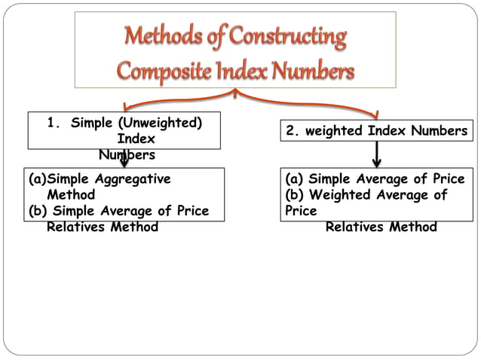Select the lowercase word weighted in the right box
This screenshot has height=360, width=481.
[x=334, y=131]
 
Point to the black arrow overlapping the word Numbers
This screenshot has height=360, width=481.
[x=123, y=156]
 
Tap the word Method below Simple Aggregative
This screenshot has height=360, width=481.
[x=71, y=195]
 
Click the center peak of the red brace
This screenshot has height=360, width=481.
[x=236, y=93]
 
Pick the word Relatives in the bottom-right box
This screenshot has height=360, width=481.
[x=355, y=226]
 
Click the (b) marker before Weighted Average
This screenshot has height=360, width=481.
[x=295, y=195]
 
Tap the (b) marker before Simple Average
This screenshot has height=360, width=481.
[x=38, y=211]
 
